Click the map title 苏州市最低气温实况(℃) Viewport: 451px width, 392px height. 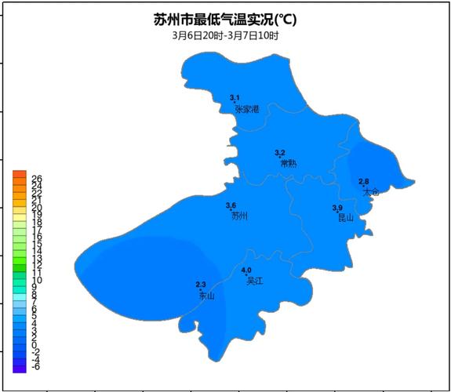pyautogui.click(x=225, y=19)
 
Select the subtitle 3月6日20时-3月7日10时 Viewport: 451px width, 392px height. pyautogui.click(x=225, y=35)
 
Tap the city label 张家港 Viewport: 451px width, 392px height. pyautogui.click(x=246, y=109)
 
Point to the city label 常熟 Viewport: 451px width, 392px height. pyautogui.click(x=289, y=164)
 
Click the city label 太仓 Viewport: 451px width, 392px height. pyautogui.click(x=371, y=191)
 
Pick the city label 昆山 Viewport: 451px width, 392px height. pyautogui.click(x=345, y=218)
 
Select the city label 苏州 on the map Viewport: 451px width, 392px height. pyautogui.click(x=239, y=216)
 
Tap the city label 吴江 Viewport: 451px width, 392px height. pyautogui.click(x=254, y=280)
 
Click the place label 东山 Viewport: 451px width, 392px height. pyautogui.click(x=206, y=296)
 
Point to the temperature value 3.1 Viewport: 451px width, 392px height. pyautogui.click(x=235, y=97)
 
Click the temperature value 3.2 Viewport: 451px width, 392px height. pyautogui.click(x=280, y=152)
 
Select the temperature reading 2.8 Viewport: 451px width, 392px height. pyautogui.click(x=364, y=181)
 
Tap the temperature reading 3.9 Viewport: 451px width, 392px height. pyautogui.click(x=337, y=207)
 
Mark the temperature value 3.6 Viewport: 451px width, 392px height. pyautogui.click(x=231, y=205)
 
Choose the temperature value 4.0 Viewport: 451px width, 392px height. pyautogui.click(x=246, y=270)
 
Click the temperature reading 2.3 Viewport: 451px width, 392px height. pyautogui.click(x=200, y=284)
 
